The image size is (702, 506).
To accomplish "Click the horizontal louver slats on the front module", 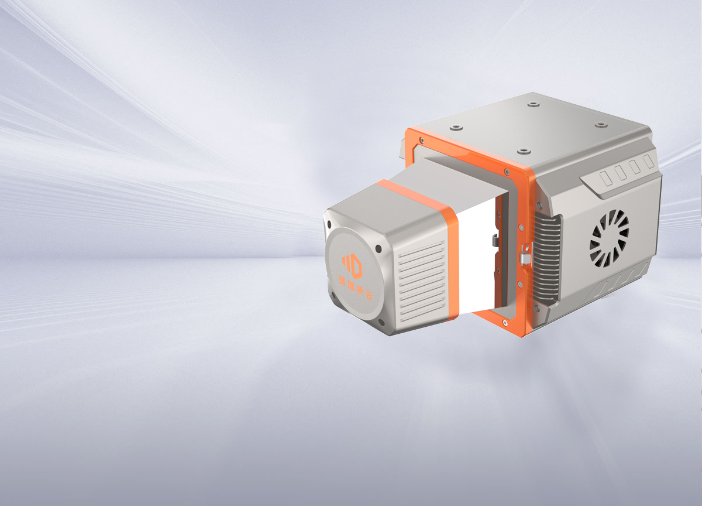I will pyautogui.click(x=421, y=281).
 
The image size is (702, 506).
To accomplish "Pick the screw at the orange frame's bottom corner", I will pyautogui.click(x=504, y=323).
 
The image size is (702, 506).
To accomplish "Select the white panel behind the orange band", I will pyautogui.click(x=477, y=258).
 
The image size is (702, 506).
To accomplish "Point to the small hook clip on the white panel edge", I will pyautogui.click(x=494, y=240).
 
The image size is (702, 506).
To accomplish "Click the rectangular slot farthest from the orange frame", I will pyautogui.click(x=649, y=161).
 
